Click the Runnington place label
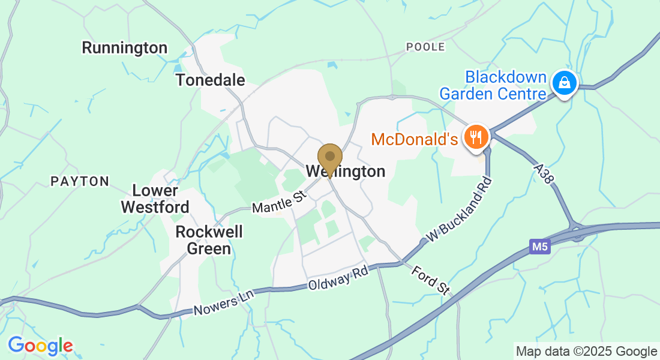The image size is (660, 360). click(125, 48)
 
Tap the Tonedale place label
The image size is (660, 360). click(211, 80)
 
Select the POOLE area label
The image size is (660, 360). click(425, 47)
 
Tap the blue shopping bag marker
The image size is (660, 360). click(564, 83)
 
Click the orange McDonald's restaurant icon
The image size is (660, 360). click(476, 137)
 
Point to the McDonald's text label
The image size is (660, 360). click(415, 140)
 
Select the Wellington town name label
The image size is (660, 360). click(346, 172)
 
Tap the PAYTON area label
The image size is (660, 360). click(80, 181)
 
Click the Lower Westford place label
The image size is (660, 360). click(155, 199)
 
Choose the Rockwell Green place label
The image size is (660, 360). click(203, 240)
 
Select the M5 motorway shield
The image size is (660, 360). click(540, 247)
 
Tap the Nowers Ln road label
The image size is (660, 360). click(224, 302)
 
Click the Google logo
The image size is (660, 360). click(40, 346)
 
